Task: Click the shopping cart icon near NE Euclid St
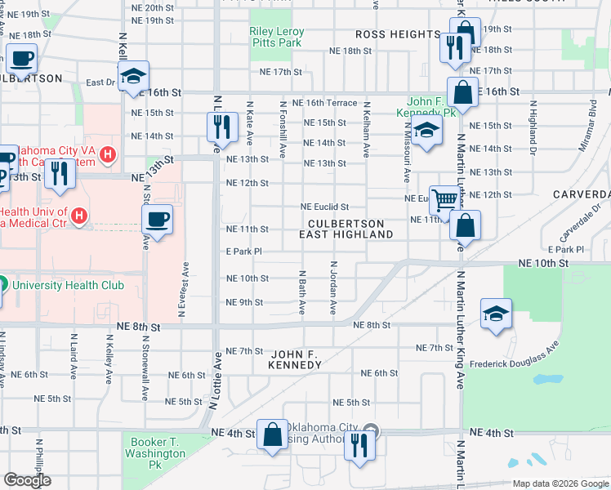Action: (x=444, y=199)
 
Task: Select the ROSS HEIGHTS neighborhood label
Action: (x=398, y=34)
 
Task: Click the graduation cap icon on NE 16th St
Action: (x=132, y=78)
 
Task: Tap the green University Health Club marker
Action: (x=2, y=285)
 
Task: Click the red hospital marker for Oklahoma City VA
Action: (x=106, y=153)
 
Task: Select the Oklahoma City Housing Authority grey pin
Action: (x=372, y=430)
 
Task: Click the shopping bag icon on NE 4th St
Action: (x=272, y=435)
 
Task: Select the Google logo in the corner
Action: (x=27, y=481)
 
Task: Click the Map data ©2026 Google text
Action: (x=560, y=483)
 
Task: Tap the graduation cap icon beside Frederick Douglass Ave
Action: (x=496, y=315)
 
